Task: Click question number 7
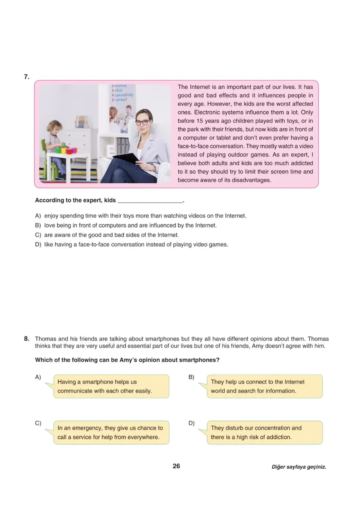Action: click(x=26, y=76)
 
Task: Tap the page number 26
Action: click(x=176, y=466)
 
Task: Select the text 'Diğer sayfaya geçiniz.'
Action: click(x=299, y=467)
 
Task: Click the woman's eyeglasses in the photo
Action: click(x=142, y=122)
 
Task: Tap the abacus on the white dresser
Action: click(x=82, y=122)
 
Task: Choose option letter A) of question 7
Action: click(x=38, y=216)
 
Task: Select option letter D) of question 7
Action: click(x=38, y=245)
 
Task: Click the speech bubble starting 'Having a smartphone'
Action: click(x=110, y=386)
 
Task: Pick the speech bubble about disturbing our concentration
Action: click(x=264, y=432)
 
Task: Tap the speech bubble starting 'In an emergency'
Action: click(x=110, y=432)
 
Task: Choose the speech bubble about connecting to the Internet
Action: click(x=264, y=386)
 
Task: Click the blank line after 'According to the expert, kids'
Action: click(x=150, y=200)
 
